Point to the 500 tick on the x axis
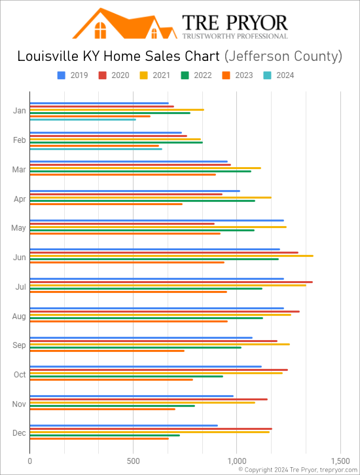tap(134, 461)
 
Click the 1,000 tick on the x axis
tap(237, 461)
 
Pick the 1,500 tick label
tap(340, 461)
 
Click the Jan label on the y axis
tap(20, 111)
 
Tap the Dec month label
tap(20, 434)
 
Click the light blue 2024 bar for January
tap(82, 119)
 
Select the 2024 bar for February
tap(96, 149)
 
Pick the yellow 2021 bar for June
tap(171, 256)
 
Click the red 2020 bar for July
tap(171, 282)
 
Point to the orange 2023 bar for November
tap(102, 409)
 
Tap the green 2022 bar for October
tap(126, 376)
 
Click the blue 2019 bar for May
tap(156, 220)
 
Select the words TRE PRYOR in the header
tap(234, 22)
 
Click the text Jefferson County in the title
tap(283, 56)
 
